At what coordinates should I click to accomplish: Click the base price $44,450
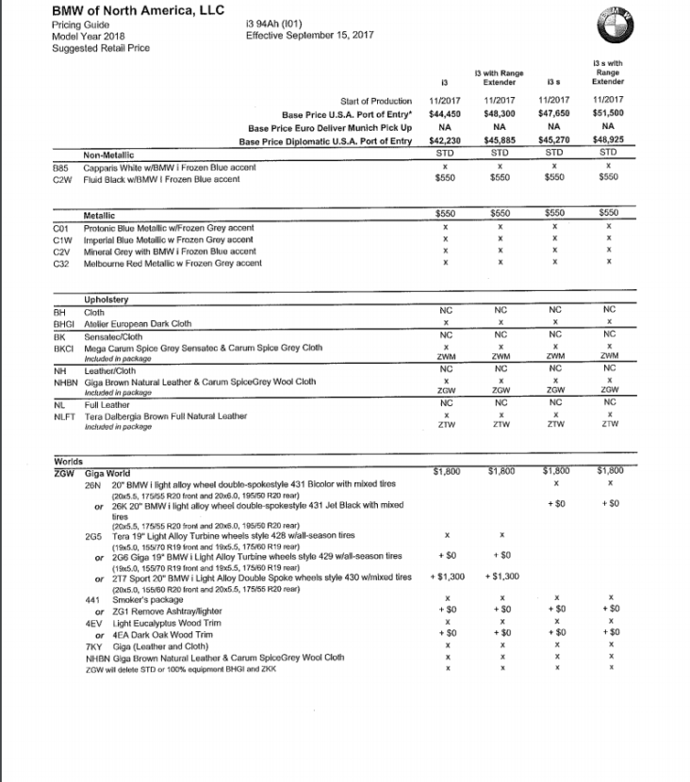(444, 114)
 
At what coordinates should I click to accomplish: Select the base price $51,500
(608, 114)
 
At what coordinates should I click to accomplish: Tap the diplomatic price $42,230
(444, 141)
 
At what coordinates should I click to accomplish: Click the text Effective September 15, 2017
(309, 36)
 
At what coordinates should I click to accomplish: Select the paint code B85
(61, 167)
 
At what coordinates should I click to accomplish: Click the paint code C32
(62, 264)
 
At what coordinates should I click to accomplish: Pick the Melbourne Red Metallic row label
(172, 264)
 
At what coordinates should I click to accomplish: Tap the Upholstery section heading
(106, 300)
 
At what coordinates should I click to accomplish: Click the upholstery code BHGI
(64, 323)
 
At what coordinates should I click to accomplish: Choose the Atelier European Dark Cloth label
(138, 323)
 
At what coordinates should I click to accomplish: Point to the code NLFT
(64, 416)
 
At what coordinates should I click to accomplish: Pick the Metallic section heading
(101, 216)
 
